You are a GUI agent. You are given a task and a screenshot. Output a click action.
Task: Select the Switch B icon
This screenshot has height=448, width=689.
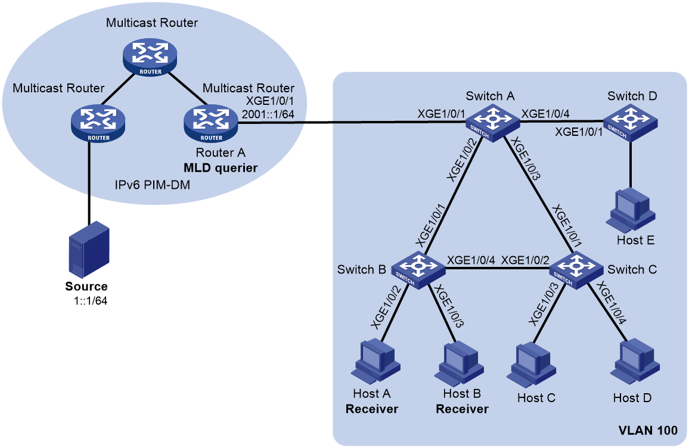click(x=418, y=270)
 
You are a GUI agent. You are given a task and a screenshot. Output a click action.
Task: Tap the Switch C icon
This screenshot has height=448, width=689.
click(x=576, y=270)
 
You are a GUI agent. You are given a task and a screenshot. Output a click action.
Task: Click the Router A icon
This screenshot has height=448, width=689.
click(x=212, y=123)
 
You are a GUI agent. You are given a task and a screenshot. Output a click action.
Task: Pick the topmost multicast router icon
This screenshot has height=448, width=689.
click(x=150, y=57)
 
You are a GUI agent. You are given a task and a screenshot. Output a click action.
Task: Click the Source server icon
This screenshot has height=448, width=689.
click(x=89, y=250)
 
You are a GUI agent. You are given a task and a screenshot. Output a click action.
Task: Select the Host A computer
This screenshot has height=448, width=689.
click(x=375, y=362)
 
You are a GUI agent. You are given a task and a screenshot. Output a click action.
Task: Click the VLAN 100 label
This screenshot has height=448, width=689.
click(x=648, y=431)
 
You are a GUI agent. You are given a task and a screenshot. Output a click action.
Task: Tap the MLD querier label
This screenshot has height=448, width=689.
click(x=221, y=168)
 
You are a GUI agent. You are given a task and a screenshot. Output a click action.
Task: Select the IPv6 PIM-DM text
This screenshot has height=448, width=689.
click(x=153, y=185)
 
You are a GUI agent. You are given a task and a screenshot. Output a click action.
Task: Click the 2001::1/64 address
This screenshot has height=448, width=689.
click(x=268, y=114)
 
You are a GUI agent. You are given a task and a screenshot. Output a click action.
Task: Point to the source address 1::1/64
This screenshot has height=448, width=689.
click(x=91, y=301)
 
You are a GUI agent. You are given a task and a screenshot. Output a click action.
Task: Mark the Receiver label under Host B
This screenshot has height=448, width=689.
click(x=462, y=409)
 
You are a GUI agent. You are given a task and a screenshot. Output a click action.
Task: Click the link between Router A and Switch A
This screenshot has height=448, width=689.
click(x=352, y=121)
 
